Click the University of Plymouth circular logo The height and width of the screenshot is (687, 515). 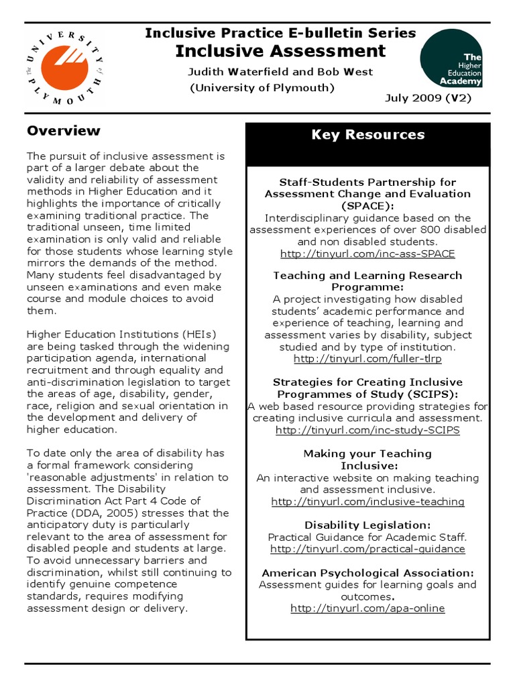pos(66,66)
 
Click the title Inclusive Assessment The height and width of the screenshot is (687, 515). pos(280,51)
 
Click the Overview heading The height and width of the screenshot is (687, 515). pos(63,131)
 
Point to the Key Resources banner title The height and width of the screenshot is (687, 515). pos(367,135)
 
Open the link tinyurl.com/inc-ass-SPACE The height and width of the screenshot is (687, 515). pos(367,254)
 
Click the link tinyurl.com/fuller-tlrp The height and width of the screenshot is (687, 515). pos(367,359)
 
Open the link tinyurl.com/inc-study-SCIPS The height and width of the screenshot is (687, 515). pos(367,430)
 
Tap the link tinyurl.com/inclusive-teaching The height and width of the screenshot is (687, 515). pos(367,501)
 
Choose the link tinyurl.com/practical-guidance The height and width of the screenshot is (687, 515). pos(367,549)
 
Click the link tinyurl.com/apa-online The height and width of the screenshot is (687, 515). pos(367,609)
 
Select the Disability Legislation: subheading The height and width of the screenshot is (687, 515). pos(367,525)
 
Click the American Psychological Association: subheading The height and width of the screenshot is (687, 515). pos(367,573)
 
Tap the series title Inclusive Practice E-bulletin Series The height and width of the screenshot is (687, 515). pos(280,33)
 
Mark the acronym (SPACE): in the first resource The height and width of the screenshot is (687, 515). pos(367,205)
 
